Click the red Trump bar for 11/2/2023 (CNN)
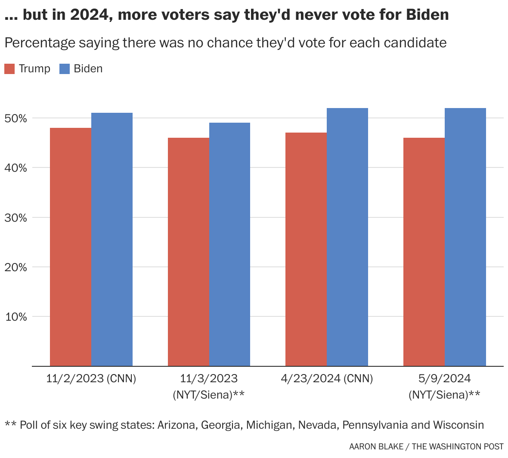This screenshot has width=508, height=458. (71, 247)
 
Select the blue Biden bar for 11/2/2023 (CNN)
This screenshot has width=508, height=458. (112, 239)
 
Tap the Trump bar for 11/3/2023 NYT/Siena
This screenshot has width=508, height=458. (189, 252)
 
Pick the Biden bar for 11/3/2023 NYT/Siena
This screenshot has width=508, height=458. (229, 244)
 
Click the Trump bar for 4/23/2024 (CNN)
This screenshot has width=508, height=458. (306, 250)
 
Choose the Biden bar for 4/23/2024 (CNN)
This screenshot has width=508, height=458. (347, 237)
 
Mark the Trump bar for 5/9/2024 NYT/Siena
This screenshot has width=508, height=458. (424, 252)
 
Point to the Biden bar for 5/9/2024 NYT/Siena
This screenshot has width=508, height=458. (465, 237)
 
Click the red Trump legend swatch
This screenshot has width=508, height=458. (9, 69)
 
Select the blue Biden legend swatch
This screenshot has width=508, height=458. (64, 69)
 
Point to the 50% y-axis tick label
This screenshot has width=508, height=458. (16, 118)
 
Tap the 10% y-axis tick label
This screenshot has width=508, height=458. (16, 317)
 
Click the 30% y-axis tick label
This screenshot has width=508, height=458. (16, 218)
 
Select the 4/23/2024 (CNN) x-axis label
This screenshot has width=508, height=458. (327, 379)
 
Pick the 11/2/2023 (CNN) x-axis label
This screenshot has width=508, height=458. (91, 379)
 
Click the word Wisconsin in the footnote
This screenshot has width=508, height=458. (458, 425)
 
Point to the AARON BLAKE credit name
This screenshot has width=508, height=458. (376, 447)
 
